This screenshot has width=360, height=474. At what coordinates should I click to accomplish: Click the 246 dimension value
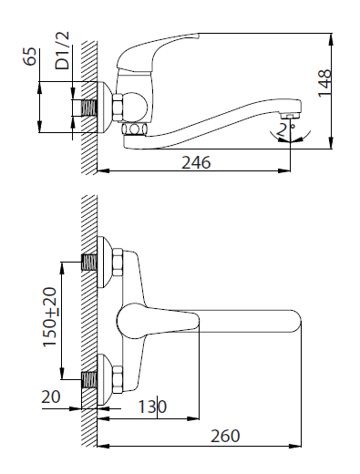coord(196,162)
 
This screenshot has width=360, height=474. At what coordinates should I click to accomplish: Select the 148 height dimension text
coord(324,83)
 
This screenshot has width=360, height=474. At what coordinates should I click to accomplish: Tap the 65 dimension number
coord(30,57)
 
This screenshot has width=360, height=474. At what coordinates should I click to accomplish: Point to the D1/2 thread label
coord(62,50)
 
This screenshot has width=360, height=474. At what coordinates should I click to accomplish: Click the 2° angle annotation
coord(283,129)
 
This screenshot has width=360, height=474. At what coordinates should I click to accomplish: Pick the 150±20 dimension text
coord(49,317)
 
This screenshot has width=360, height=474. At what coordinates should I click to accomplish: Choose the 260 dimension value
coord(225,436)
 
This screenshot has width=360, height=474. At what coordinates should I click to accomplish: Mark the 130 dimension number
coord(152,407)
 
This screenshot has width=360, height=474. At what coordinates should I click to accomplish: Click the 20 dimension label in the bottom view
coord(51,397)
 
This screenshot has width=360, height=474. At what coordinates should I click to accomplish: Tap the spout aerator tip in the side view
coord(291,117)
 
